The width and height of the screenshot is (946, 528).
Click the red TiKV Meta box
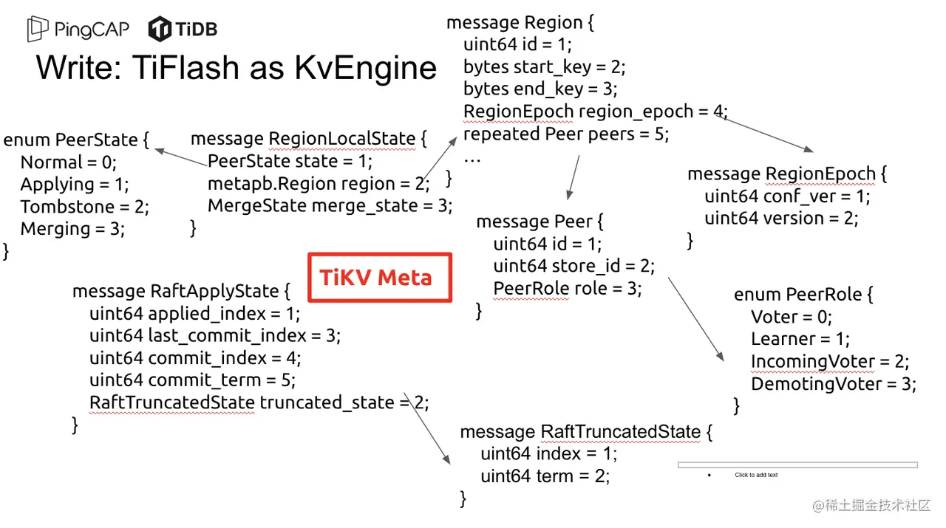coord(379,278)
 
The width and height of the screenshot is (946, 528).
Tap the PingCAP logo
coord(78,30)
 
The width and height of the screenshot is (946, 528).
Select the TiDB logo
coord(183,30)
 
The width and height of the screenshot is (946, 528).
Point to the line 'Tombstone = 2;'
coord(84,207)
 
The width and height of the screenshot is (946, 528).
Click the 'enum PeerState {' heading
coord(76,140)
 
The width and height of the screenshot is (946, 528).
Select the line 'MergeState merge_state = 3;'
coord(330,205)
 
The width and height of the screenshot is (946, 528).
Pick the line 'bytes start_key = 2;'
coord(544,67)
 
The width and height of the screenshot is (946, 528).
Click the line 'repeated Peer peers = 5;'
coord(565,134)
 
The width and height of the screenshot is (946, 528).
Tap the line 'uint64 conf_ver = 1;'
coord(787,196)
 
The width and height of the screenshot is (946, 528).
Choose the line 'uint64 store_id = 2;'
coord(574,266)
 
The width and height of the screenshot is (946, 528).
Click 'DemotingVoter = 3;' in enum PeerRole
coord(833,384)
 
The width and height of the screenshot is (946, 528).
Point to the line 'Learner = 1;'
coord(800,339)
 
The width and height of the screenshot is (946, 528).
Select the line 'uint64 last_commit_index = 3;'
coord(214,336)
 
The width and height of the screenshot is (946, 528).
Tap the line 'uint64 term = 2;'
coord(545,476)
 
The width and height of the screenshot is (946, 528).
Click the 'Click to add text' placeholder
coord(756,475)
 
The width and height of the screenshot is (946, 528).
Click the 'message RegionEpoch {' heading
coord(787,174)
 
